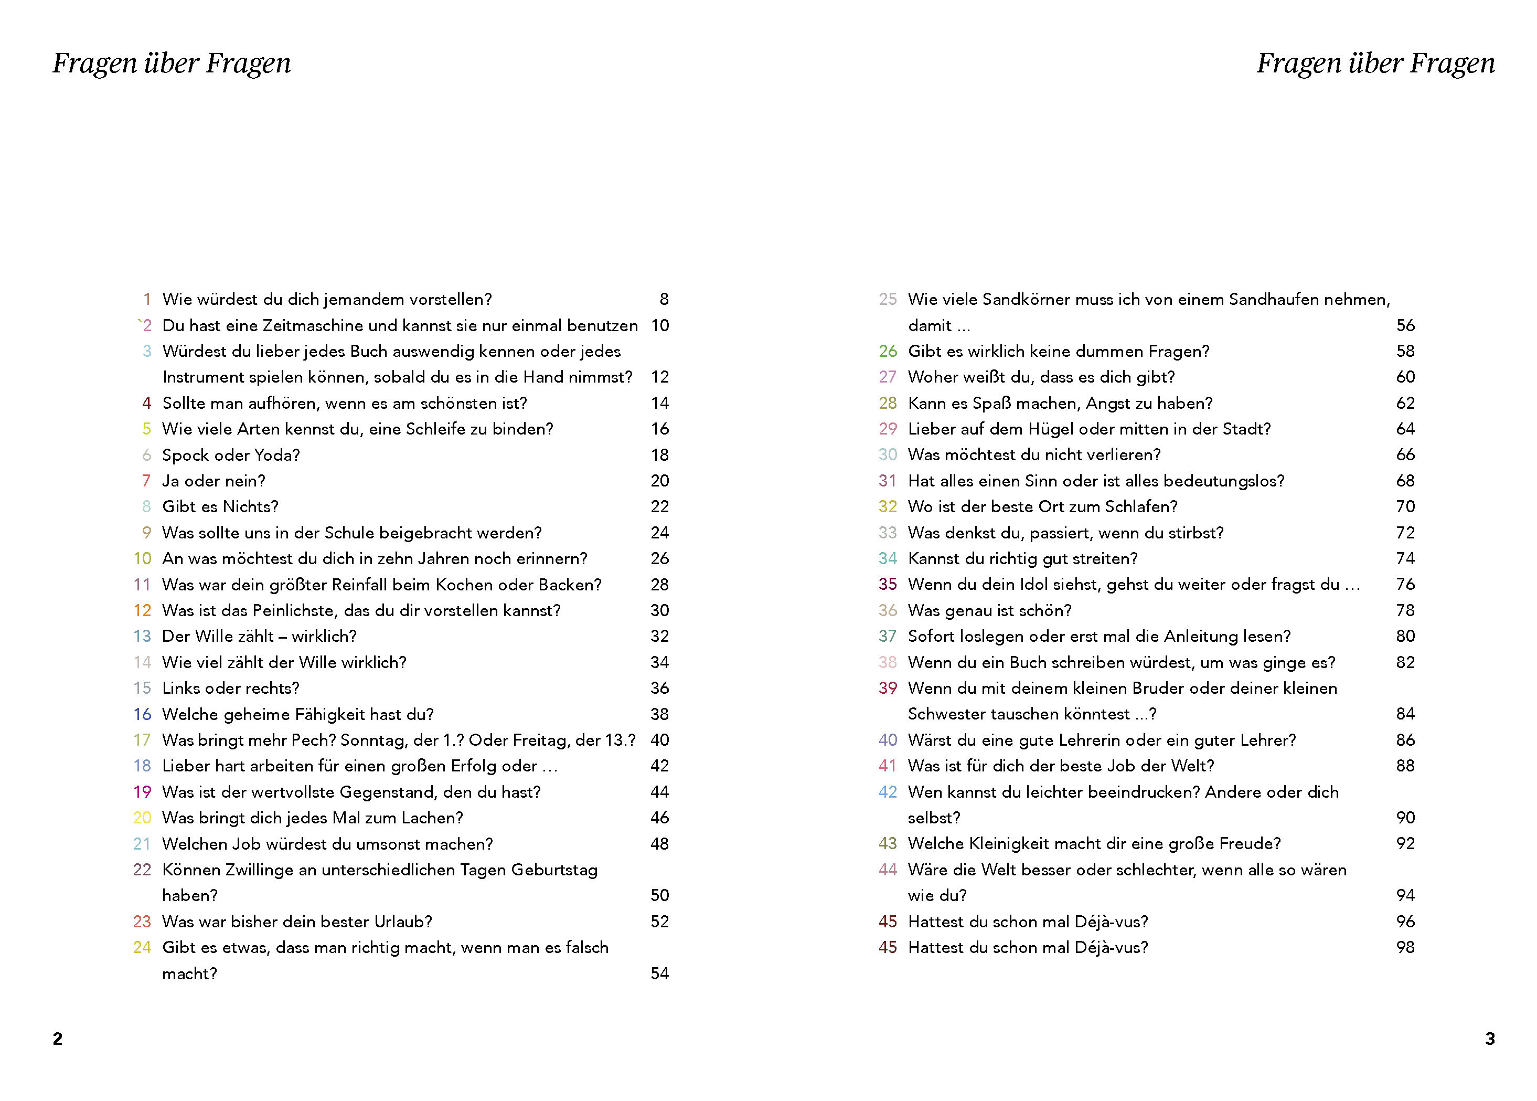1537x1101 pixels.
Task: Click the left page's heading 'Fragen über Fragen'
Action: click(172, 63)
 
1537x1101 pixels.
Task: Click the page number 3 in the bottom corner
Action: click(1490, 1039)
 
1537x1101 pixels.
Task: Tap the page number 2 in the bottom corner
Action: click(58, 1039)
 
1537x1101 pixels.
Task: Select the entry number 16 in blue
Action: click(142, 714)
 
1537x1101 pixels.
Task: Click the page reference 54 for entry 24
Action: click(659, 973)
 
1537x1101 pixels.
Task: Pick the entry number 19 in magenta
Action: click(142, 792)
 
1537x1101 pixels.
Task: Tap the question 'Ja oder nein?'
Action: click(214, 481)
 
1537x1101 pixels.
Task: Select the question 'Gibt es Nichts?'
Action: click(220, 506)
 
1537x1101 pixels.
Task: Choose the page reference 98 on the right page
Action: click(1405, 947)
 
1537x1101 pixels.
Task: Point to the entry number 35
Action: click(888, 585)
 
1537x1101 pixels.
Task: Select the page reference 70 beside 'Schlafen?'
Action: click(1405, 506)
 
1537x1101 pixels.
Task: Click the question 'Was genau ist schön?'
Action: click(989, 610)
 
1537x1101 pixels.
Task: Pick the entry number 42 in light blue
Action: click(888, 792)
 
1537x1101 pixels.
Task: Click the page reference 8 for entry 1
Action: click(664, 300)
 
